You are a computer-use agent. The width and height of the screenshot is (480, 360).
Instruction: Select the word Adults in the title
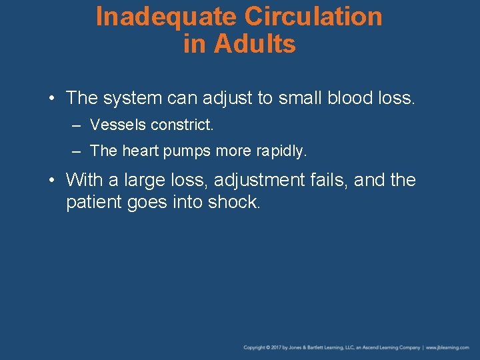pos(255,45)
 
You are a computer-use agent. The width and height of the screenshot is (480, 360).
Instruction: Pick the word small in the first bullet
pos(300,99)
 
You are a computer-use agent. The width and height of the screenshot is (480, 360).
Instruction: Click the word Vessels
pos(117,125)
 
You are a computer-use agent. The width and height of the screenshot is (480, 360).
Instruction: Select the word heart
pos(139,151)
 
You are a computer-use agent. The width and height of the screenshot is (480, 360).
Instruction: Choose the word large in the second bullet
pos(145,181)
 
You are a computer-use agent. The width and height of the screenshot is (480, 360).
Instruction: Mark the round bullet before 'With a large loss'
pos(52,180)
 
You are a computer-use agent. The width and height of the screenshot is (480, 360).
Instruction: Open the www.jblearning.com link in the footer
pos(448,347)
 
